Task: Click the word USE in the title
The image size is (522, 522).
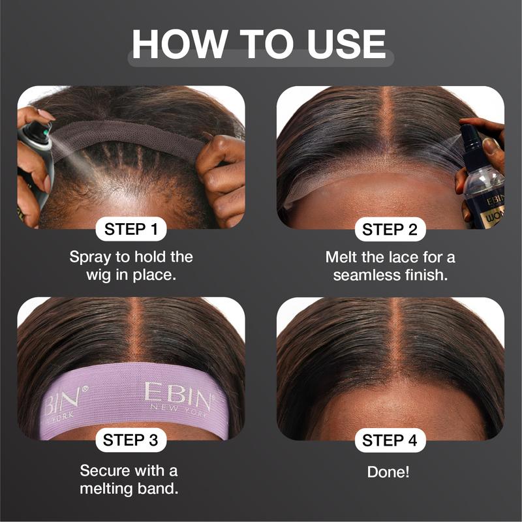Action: coord(346,44)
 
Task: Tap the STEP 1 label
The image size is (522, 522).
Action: coord(131,229)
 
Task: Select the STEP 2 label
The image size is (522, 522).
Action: coord(390,230)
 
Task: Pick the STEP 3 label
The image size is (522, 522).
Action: coord(131,440)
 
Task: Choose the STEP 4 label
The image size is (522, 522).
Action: coord(390,440)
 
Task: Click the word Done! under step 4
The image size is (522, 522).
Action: coord(388,472)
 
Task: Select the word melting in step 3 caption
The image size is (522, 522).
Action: coord(106,489)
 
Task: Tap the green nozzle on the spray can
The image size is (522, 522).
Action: coord(46,133)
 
